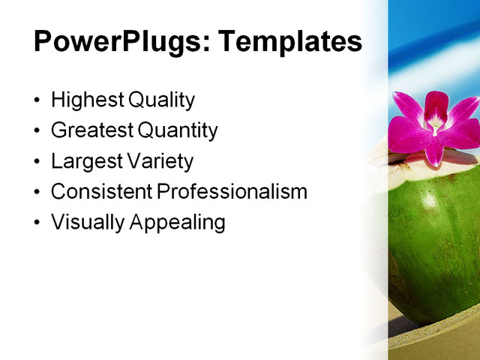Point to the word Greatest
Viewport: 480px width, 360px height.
coord(91,131)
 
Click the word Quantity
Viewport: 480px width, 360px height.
coord(178,131)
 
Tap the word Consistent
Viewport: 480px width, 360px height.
coord(101,192)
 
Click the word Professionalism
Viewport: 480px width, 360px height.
coord(232,192)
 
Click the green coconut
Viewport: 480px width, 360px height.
coord(431,240)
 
